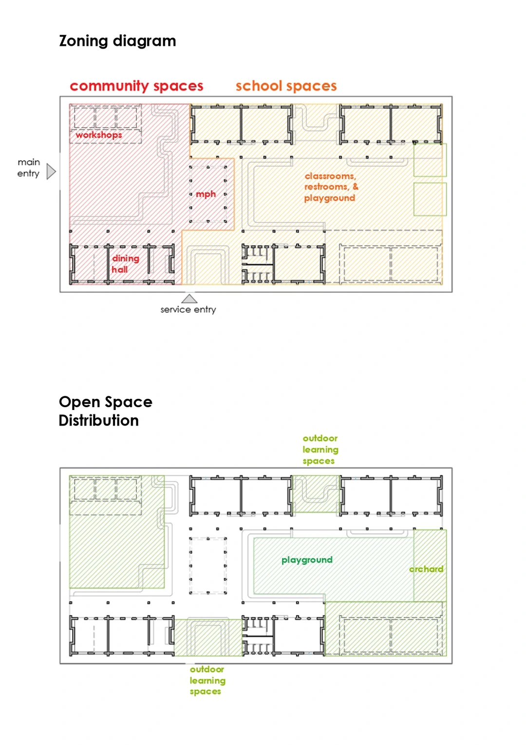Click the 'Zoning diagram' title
117,41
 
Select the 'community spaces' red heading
136,86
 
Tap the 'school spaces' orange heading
286,86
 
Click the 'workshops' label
99,135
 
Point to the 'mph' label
206,194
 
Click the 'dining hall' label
125,264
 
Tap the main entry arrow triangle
51,171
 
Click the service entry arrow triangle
189,298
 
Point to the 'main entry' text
29,168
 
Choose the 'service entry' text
188,310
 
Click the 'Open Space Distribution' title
105,411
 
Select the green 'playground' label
307,560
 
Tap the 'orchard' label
427,569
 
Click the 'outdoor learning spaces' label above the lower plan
320,449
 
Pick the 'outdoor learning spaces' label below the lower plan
207,680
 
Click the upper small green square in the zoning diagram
430,160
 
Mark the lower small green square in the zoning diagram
430,199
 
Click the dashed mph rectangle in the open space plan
208,565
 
